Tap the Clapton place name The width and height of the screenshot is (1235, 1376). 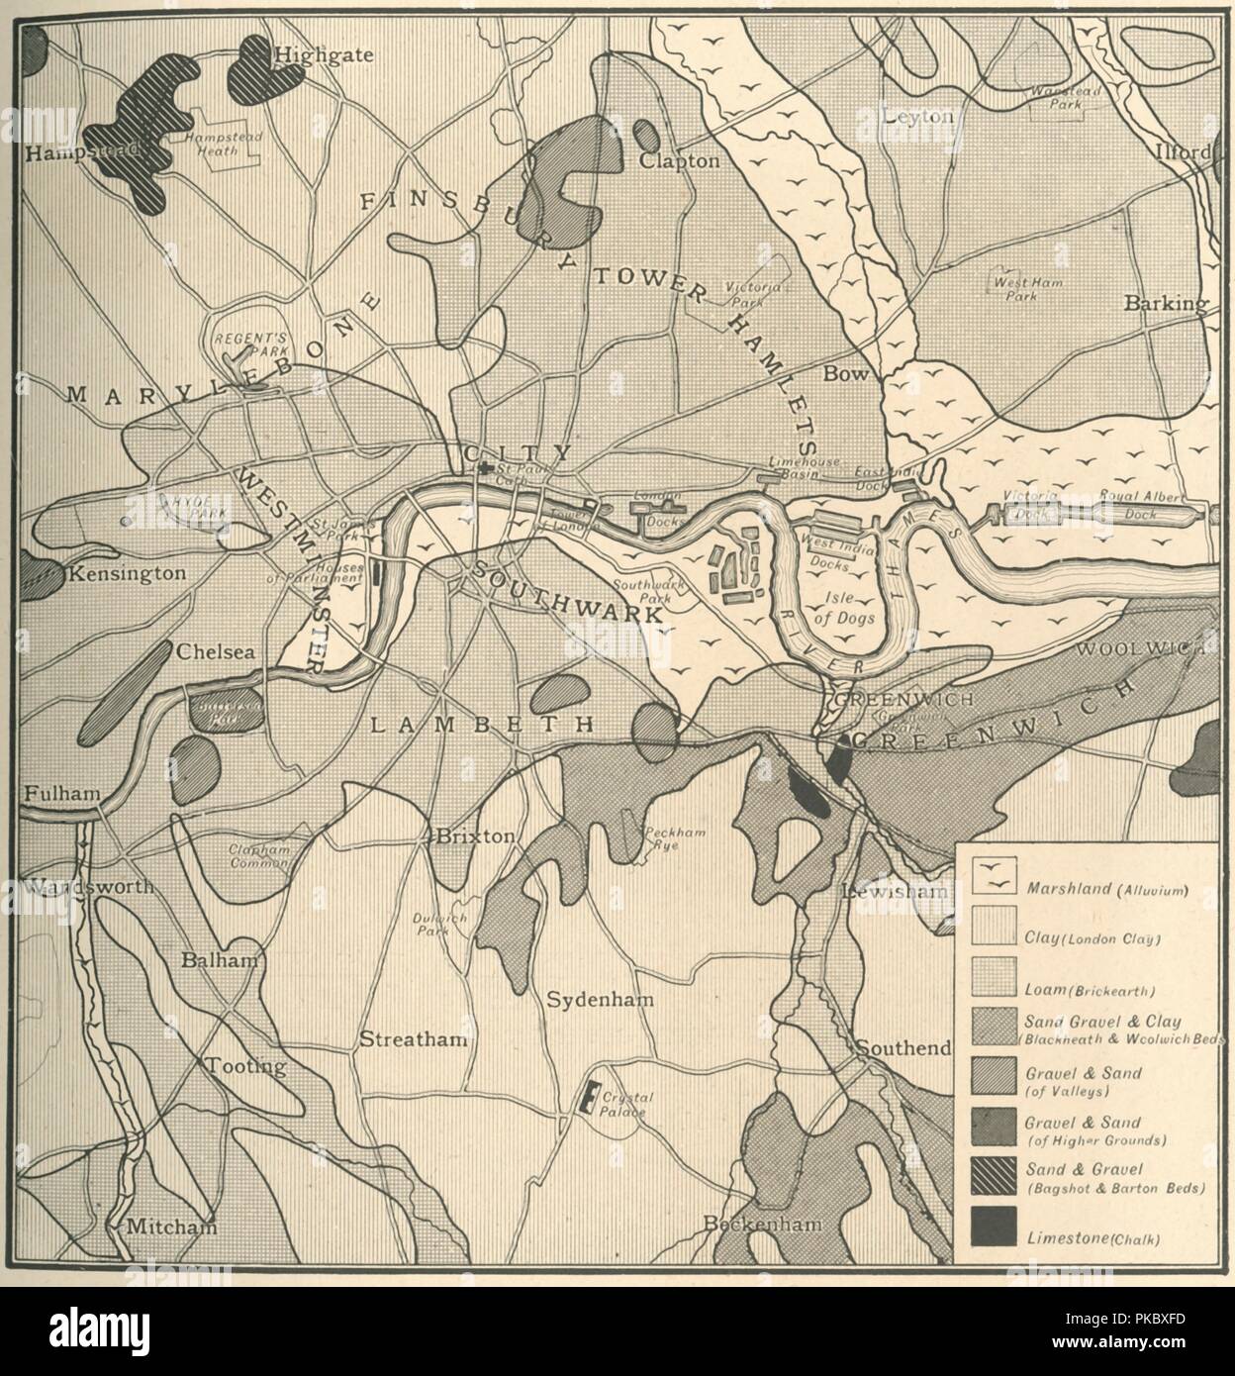[679, 160]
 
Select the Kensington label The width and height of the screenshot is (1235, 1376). [125, 573]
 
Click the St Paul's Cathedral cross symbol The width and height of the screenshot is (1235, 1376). [484, 468]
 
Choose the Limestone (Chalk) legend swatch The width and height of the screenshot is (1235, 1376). [993, 1228]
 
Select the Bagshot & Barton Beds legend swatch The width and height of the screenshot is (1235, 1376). [993, 1177]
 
